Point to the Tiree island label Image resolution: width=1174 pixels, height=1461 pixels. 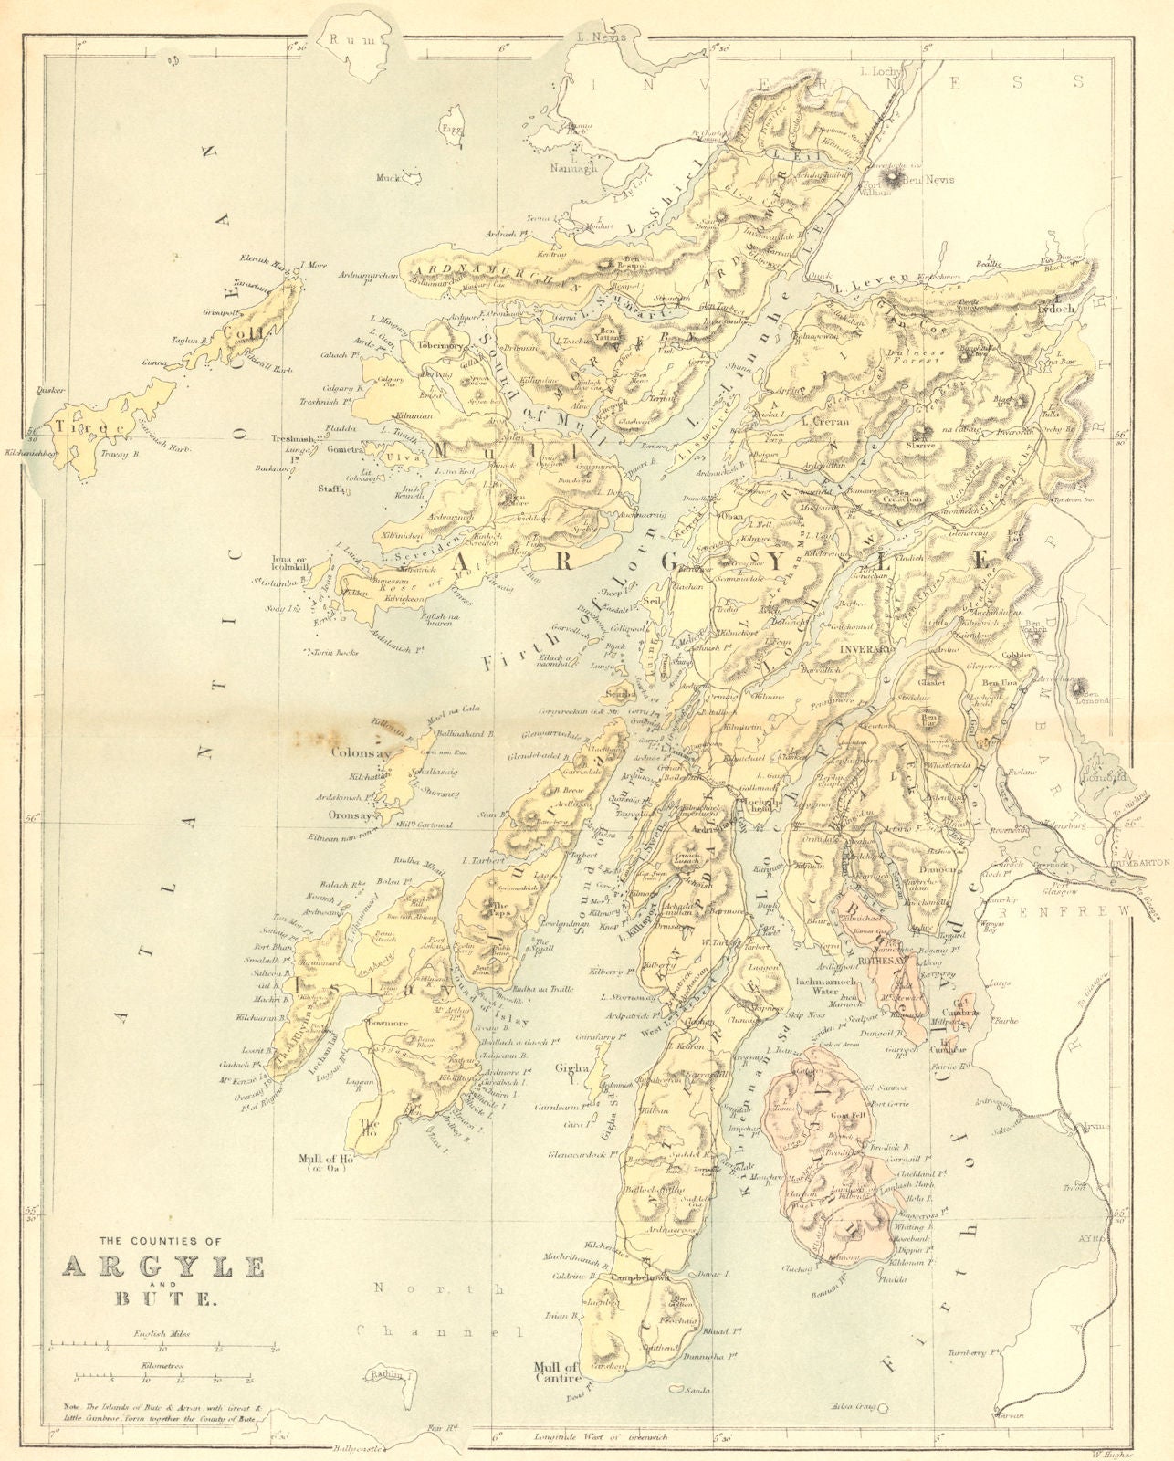point(80,426)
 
